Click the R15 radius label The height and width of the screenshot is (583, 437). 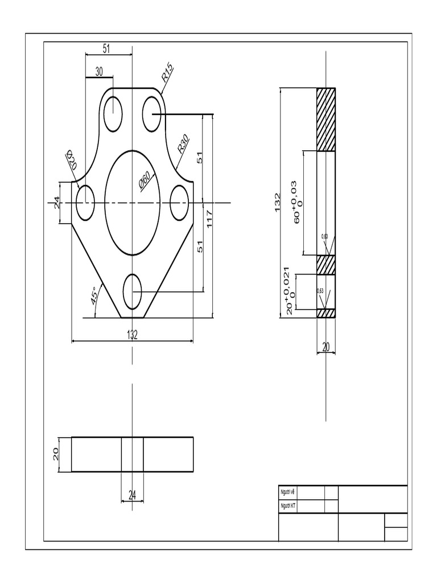coord(167,73)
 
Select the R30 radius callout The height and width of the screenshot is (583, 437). coord(183,143)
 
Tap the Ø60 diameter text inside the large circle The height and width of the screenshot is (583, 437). coord(144,180)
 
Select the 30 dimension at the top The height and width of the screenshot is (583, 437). coord(99,71)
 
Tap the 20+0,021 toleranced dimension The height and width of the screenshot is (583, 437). coord(290,290)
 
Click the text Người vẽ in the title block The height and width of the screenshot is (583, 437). coord(288,492)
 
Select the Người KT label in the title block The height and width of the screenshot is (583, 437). coord(288,506)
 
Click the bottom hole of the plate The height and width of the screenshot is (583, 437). coord(132,291)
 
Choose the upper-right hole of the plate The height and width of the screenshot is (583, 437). coord(152,113)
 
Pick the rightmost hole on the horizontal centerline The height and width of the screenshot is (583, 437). coord(179,203)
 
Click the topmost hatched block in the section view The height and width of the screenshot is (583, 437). coord(326,119)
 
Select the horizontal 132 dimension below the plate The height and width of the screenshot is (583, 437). coord(132,335)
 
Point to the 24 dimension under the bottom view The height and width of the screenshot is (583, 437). coord(133,496)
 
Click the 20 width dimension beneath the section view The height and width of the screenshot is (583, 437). coord(326,347)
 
